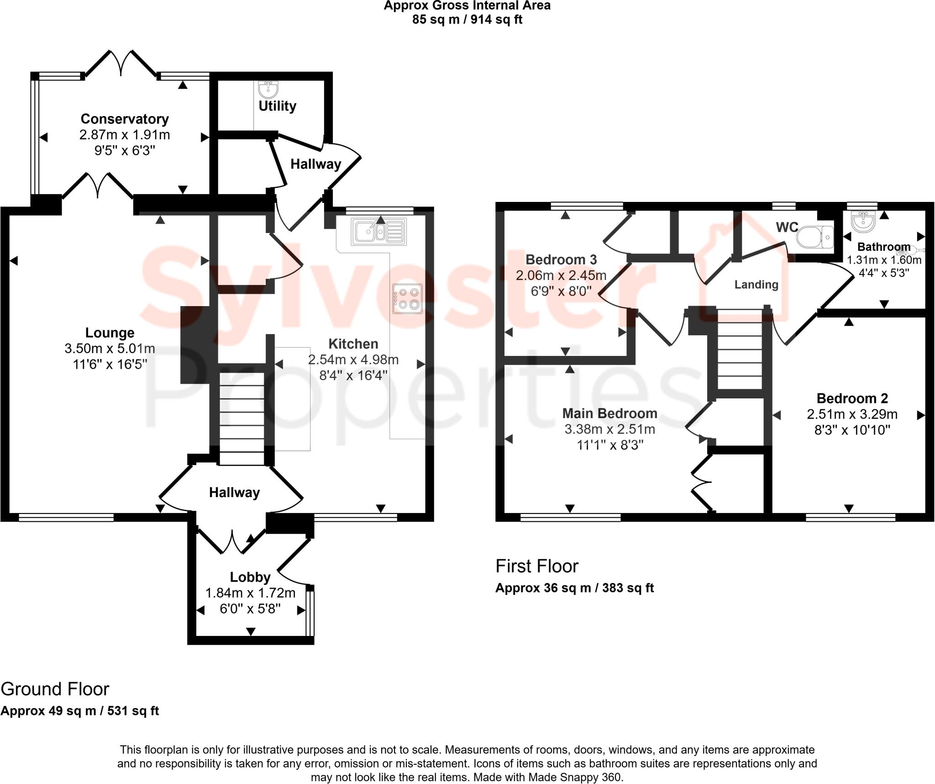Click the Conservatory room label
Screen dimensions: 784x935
coord(125,119)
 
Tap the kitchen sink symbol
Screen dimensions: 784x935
coord(378,231)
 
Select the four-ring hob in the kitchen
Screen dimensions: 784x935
coord(407,298)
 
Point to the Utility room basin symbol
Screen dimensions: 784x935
coord(268,90)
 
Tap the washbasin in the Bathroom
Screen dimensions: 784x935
coord(863,222)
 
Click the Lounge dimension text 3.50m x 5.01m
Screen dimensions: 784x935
coord(110,349)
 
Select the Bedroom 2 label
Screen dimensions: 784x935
coord(852,398)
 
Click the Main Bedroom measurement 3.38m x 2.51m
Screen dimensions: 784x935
coord(609,429)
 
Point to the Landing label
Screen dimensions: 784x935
coord(756,285)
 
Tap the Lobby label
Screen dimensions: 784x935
coord(250,577)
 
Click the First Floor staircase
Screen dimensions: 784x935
coord(740,350)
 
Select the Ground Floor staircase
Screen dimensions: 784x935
coord(242,418)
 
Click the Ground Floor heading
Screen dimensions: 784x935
coord(55,689)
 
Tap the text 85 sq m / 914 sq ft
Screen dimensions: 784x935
coord(467,20)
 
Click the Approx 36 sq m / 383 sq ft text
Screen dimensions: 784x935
coord(574,588)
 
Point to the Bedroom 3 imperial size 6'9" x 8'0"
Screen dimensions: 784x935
coord(561,291)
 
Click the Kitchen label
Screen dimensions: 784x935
coord(353,344)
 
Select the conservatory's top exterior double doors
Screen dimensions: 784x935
coord(121,64)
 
